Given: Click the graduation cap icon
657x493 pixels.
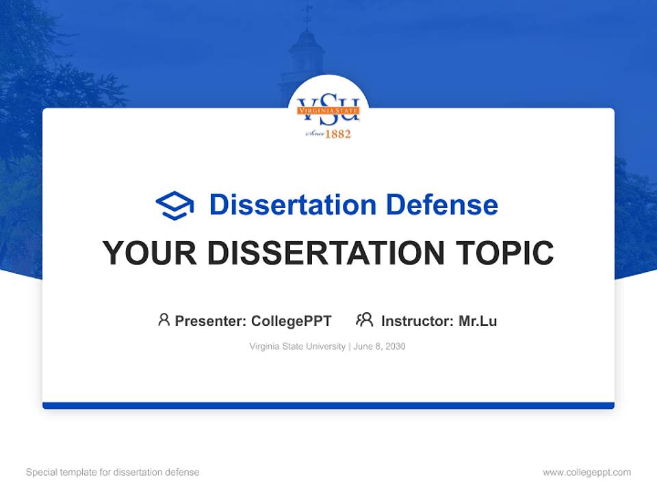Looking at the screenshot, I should point(175,205).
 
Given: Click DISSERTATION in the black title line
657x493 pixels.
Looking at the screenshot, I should point(326,253).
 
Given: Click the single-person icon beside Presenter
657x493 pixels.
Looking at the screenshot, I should point(164,320).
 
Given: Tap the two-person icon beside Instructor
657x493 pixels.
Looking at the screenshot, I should point(364,320).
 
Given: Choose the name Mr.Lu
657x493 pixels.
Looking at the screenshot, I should point(478,320).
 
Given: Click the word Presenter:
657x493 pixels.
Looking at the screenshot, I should point(211,320).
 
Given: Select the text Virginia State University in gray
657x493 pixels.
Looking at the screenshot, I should point(298,346).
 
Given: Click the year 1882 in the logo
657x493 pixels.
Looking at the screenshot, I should point(337,134).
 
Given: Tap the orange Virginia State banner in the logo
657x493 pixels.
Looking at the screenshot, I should point(328,110).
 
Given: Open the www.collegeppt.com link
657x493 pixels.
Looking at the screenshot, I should point(587,472).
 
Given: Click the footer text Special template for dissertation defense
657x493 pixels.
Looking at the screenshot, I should point(112,472).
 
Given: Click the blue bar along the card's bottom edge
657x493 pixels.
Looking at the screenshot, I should point(328,405).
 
